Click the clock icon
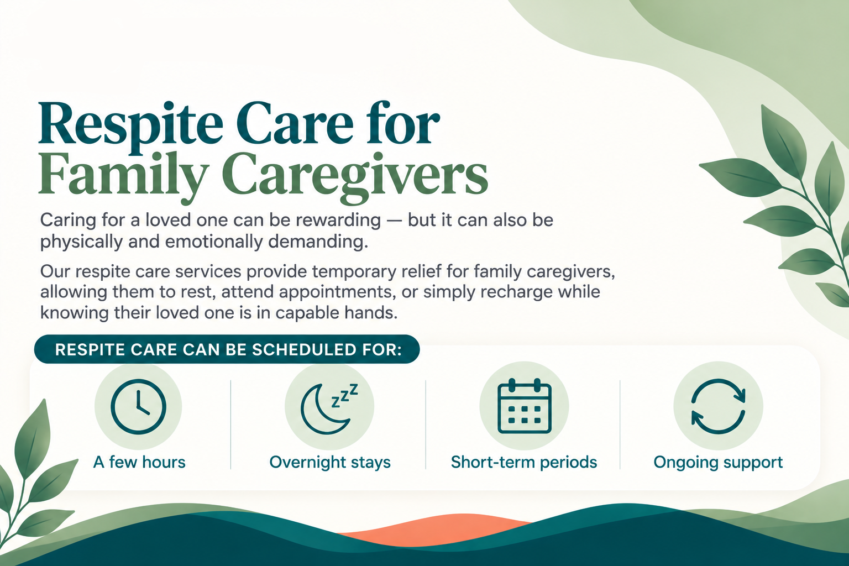[x=138, y=406]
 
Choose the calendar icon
[x=525, y=406]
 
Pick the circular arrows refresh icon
[x=718, y=406]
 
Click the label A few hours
[x=139, y=462]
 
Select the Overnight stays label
[x=330, y=463]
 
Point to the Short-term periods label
[x=524, y=463]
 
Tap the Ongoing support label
[x=718, y=463]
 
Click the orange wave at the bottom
[x=436, y=529]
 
